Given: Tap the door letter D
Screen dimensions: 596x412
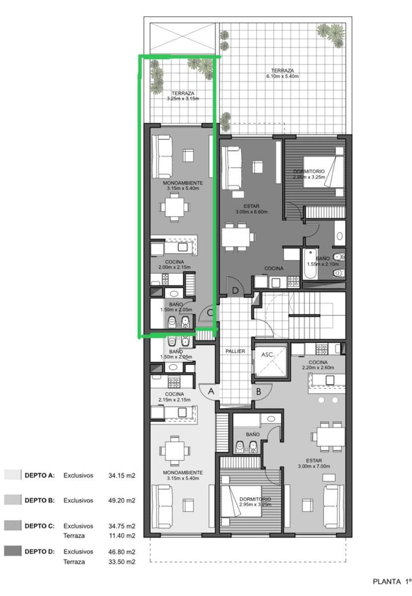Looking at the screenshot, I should (235, 290).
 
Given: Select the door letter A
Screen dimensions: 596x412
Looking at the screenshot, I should (211, 391).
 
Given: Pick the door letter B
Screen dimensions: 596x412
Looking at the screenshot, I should (258, 391).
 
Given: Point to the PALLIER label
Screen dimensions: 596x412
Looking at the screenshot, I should (235, 351).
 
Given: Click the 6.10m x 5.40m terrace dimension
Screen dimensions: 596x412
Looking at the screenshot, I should (282, 76).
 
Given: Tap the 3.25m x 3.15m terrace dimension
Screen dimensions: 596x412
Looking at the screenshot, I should (183, 99).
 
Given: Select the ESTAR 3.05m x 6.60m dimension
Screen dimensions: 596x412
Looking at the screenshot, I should (251, 212).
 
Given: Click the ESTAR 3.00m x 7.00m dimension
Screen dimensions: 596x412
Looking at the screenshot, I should (318, 467).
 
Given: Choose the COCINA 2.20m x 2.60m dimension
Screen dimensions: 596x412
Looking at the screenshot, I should (318, 368).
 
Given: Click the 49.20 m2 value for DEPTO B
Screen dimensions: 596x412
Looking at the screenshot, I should (122, 500).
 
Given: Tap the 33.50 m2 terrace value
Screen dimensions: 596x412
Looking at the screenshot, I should (122, 562).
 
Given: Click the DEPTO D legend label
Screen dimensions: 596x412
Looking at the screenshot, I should (40, 551).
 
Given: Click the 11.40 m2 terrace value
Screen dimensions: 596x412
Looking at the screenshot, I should (122, 536).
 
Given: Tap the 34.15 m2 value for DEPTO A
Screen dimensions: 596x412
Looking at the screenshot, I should (122, 475).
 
